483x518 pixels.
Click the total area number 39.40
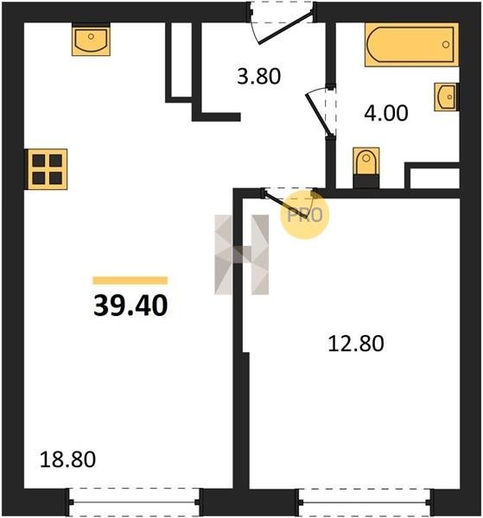tap(130, 306)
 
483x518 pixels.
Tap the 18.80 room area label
tap(67, 459)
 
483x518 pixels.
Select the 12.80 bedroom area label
tap(356, 344)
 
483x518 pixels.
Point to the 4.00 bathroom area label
tap(386, 113)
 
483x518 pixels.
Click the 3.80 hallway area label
tap(259, 76)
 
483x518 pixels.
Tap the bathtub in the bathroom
tap(412, 45)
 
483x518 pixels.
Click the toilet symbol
tap(366, 167)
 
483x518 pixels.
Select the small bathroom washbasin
tap(447, 97)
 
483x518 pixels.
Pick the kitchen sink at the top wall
tap(91, 40)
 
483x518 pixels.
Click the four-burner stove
tap(48, 169)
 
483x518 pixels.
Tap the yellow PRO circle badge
tap(305, 215)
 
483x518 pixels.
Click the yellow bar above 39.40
tap(130, 280)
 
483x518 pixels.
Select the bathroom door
tap(320, 114)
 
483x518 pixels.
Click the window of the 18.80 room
tap(135, 502)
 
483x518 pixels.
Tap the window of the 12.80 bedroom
tap(365, 502)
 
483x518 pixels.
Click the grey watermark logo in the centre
tap(242, 255)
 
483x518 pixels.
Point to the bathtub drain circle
tap(446, 44)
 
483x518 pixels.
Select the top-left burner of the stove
tap(39, 161)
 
